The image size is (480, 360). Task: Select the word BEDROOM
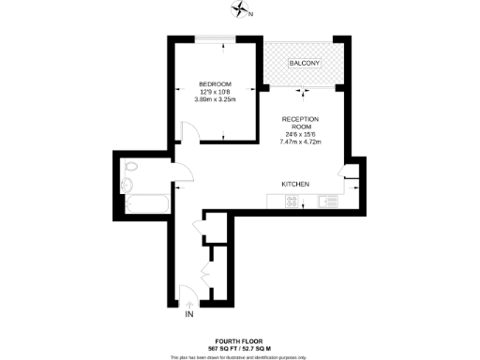(x=214, y=84)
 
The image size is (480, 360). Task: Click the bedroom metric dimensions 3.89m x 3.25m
(x=214, y=99)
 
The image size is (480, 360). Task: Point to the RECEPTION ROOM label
(x=300, y=124)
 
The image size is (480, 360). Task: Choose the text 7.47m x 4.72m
(x=300, y=142)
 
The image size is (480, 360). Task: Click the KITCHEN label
(x=295, y=183)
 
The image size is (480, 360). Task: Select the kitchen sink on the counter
(x=327, y=200)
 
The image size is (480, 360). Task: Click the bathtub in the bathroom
(x=145, y=202)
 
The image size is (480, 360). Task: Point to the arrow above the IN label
(x=191, y=306)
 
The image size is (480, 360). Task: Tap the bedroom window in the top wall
(x=216, y=38)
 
